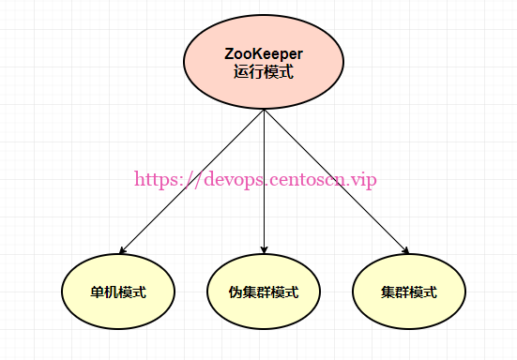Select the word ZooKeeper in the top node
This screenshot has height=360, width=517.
(x=264, y=53)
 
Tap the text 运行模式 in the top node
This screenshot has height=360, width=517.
(x=264, y=71)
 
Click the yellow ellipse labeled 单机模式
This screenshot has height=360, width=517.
(x=117, y=291)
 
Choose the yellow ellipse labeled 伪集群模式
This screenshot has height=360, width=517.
(x=264, y=291)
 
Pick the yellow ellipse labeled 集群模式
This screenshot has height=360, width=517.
(x=408, y=291)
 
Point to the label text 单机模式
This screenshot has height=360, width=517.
(x=117, y=292)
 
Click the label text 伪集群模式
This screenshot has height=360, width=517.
(x=264, y=292)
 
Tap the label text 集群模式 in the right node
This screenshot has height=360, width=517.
(x=408, y=292)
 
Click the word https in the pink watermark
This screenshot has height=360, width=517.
(x=155, y=179)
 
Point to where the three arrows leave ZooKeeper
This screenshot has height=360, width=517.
(x=264, y=111)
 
